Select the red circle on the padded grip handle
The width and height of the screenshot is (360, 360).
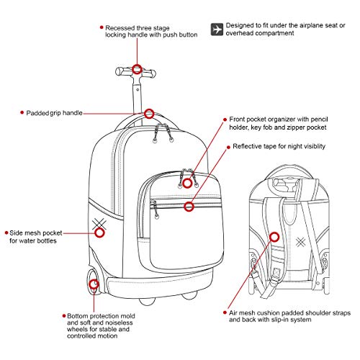click(x=150, y=113)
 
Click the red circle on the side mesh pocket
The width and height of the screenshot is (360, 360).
click(x=100, y=232)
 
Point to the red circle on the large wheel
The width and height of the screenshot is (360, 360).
click(x=94, y=284)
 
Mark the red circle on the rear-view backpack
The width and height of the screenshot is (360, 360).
click(x=274, y=235)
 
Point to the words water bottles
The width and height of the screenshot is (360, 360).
click(x=40, y=240)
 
